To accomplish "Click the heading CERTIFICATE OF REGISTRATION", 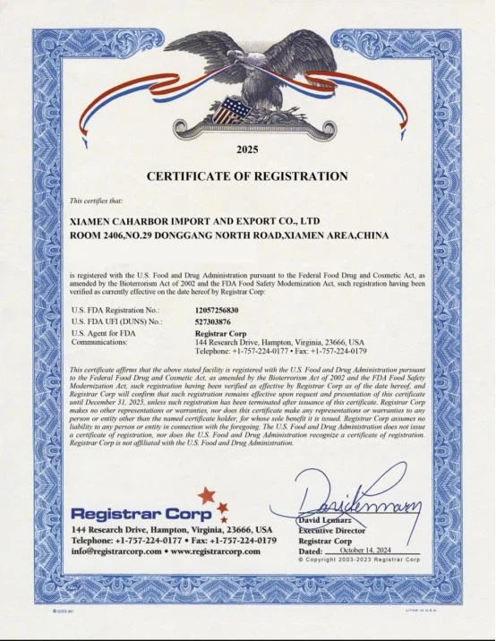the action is tap(247, 175).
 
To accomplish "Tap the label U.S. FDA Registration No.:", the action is tap(115, 308).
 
